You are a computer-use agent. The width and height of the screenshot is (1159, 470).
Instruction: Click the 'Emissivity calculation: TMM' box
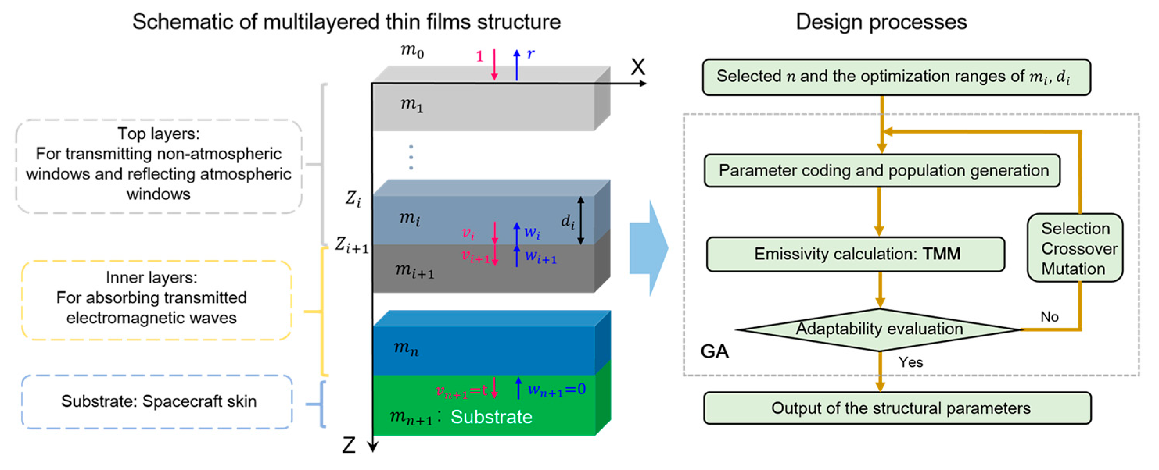[855, 254]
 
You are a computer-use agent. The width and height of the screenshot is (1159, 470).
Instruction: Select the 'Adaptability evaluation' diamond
[879, 329]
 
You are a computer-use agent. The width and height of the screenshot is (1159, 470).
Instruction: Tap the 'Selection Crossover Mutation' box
[1075, 248]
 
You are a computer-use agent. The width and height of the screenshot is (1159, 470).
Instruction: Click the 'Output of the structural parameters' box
[897, 408]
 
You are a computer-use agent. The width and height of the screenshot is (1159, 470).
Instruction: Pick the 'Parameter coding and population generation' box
[882, 171]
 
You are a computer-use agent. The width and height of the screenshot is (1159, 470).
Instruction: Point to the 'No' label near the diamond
[1050, 317]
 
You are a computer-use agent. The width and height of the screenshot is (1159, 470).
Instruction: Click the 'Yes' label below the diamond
[911, 362]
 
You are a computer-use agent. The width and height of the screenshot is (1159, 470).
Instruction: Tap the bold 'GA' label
[714, 351]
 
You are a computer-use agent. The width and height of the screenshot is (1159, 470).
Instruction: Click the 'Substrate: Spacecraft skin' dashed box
[158, 402]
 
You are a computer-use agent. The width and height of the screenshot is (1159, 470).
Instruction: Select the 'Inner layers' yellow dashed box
[156, 300]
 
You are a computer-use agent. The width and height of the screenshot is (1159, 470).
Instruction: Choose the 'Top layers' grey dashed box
[159, 166]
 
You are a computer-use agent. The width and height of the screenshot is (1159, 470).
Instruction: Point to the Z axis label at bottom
[349, 445]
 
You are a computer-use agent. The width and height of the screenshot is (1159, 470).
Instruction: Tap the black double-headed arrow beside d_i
[581, 220]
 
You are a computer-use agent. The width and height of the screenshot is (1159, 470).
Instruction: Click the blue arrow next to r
[517, 65]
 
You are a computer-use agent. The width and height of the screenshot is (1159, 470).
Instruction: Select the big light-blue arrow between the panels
[649, 248]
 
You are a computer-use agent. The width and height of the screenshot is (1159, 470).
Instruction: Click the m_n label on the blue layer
[406, 348]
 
